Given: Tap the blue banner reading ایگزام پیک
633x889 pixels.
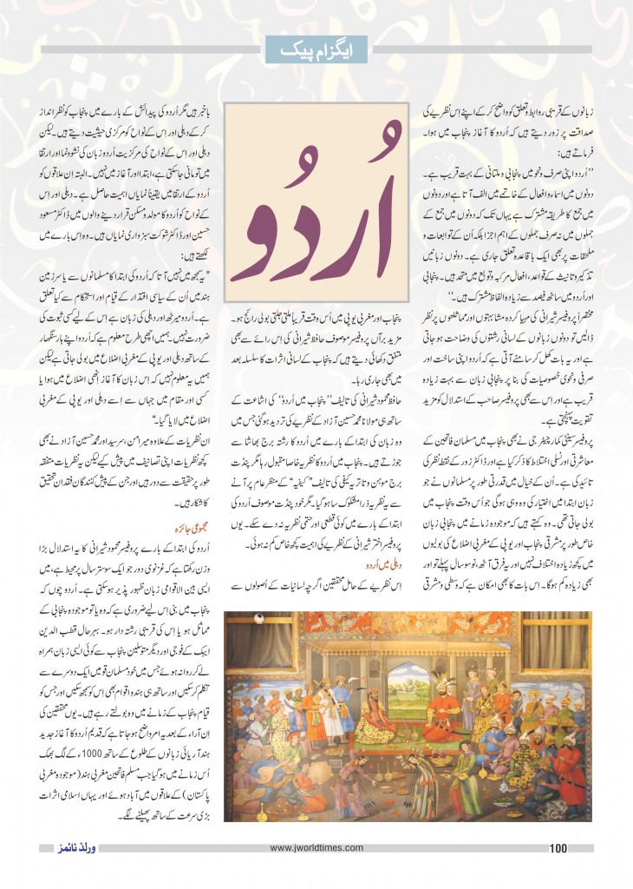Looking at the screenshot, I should point(316,49).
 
